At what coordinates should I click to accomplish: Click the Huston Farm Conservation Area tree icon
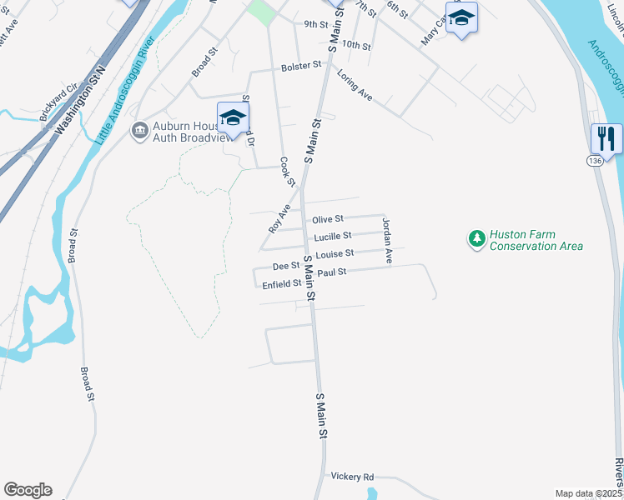[477, 240]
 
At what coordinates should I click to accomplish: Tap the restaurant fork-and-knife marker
[606, 138]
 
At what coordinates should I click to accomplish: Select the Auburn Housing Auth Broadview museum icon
[139, 129]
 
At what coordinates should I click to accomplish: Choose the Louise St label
[335, 252]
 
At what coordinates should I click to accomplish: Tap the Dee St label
[286, 267]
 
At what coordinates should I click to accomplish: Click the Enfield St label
[281, 284]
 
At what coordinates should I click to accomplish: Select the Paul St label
[331, 272]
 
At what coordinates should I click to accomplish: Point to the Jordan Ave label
[387, 241]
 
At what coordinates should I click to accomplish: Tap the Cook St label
[288, 172]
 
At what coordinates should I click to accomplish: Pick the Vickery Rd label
[352, 477]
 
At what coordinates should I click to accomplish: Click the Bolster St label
[301, 65]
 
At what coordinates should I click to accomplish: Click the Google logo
[28, 490]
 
